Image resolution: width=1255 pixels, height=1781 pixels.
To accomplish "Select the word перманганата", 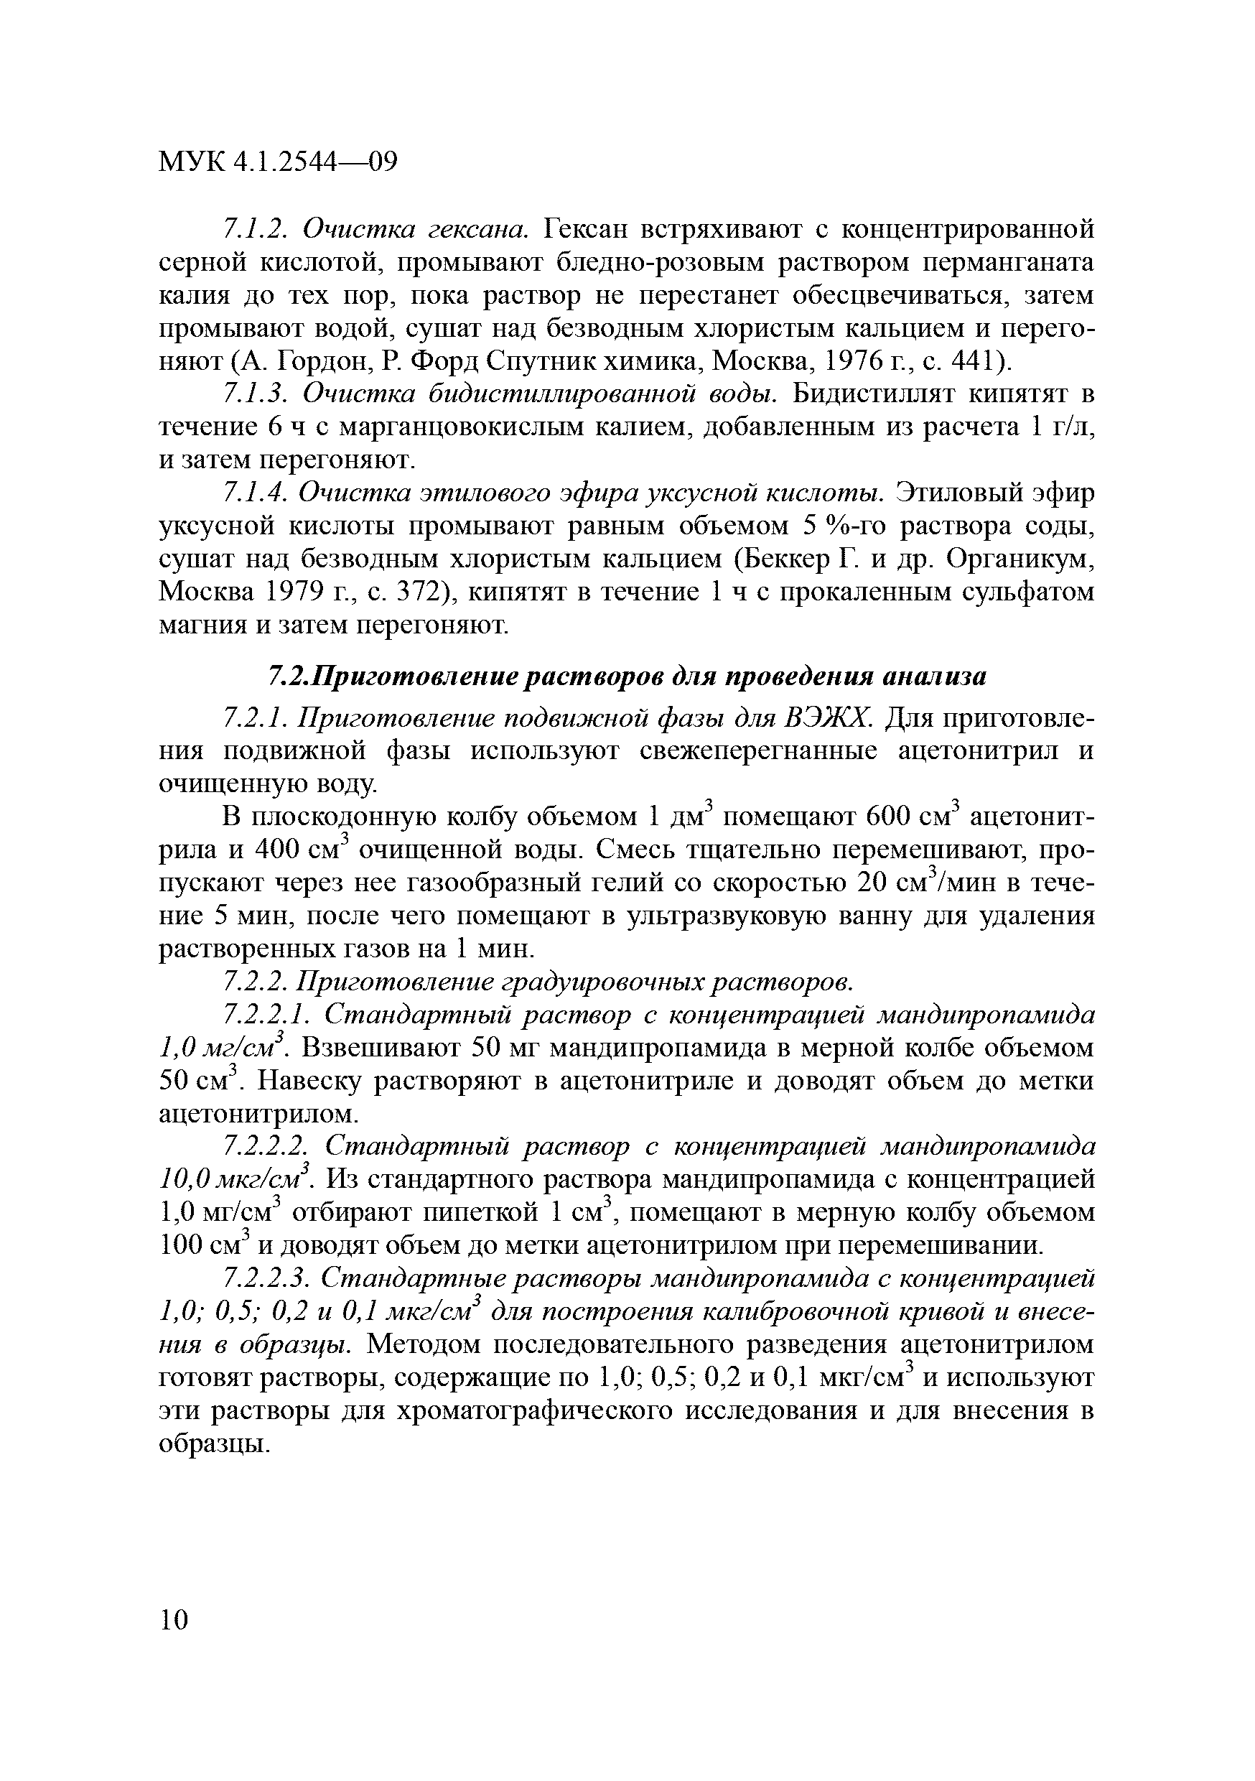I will click(x=1007, y=263).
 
